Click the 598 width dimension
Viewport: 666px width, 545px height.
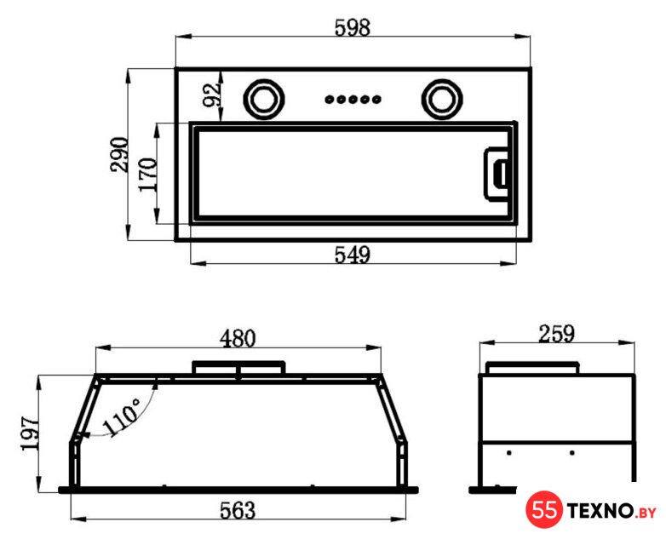[352, 27]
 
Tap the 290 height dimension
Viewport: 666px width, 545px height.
[119, 154]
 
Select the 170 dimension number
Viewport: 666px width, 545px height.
[148, 175]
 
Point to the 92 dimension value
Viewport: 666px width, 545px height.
[212, 95]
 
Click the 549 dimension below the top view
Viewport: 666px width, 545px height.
[352, 255]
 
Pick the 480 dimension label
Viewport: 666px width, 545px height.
[238, 339]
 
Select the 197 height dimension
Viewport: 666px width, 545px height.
[30, 433]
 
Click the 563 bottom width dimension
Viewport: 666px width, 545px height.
[238, 510]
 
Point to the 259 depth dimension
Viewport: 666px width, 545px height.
[556, 334]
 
